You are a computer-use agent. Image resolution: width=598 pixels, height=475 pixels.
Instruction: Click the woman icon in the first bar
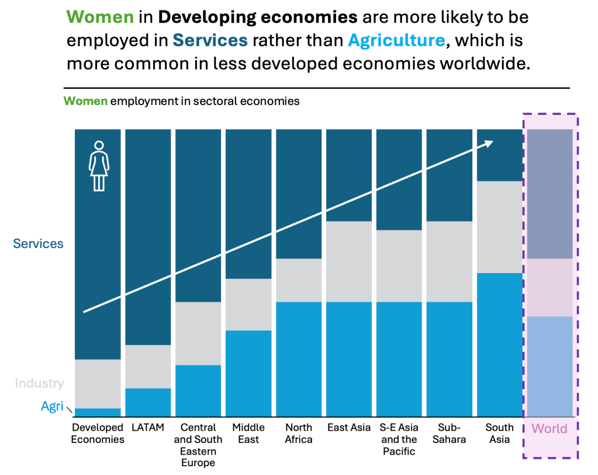(x=99, y=166)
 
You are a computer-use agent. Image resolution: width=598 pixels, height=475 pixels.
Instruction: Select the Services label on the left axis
(x=39, y=244)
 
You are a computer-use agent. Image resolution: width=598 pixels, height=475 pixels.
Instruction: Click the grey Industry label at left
(x=39, y=383)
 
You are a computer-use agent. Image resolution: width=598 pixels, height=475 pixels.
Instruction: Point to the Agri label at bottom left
(x=52, y=406)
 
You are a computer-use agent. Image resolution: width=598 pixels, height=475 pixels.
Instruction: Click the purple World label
(x=549, y=429)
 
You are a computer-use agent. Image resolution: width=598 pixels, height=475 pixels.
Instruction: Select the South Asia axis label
(x=499, y=434)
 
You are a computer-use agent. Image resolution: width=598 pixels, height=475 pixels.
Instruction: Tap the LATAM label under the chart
(x=148, y=428)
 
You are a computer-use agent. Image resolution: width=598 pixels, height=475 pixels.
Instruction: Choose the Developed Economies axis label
(x=98, y=434)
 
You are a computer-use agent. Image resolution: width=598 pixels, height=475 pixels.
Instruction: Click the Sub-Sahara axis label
(x=449, y=434)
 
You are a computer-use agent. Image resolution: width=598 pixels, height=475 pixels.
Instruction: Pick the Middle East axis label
(x=248, y=434)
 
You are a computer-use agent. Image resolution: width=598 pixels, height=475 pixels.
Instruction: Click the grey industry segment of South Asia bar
(x=499, y=227)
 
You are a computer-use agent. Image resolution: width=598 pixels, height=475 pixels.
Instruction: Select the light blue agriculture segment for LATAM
(x=148, y=402)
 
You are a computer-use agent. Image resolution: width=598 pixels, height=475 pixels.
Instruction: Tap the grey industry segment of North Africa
(x=299, y=280)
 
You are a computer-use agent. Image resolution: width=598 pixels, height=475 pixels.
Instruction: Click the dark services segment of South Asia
(x=499, y=155)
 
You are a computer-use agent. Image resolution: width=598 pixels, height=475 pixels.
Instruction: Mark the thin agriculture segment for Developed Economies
(x=98, y=412)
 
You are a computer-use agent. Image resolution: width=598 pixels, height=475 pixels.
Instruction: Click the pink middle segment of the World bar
(x=549, y=288)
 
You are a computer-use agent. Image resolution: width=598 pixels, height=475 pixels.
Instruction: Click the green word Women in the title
(x=100, y=17)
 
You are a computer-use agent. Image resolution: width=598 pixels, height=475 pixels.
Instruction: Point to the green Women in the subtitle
(x=85, y=101)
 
